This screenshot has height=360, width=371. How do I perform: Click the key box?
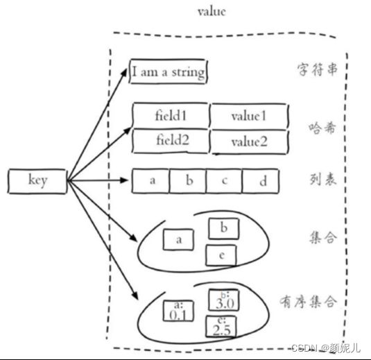37,181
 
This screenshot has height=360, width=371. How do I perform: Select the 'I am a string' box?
169,71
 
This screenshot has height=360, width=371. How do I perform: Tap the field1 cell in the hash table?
171,116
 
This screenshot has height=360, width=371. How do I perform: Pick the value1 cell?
249,117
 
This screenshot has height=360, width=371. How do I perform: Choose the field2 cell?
171,141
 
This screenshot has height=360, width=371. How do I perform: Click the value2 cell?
249,142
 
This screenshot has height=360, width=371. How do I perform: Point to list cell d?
260,181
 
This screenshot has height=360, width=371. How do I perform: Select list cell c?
224,181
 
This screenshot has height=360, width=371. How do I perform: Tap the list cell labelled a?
150,181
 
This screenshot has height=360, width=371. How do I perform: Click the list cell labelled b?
188,181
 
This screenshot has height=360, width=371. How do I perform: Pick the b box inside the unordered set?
223,229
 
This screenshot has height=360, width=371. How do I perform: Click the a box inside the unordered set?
178,239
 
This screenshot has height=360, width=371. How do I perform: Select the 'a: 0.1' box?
178,311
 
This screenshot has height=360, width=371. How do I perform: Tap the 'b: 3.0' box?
223,300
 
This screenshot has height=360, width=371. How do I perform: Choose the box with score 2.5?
221,327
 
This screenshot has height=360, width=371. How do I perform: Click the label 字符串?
318,69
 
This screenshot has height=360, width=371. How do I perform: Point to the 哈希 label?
322,128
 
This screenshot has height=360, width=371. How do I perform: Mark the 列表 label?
323,180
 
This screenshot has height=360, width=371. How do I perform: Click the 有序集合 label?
309,302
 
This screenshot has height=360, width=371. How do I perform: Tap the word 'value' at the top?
212,12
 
